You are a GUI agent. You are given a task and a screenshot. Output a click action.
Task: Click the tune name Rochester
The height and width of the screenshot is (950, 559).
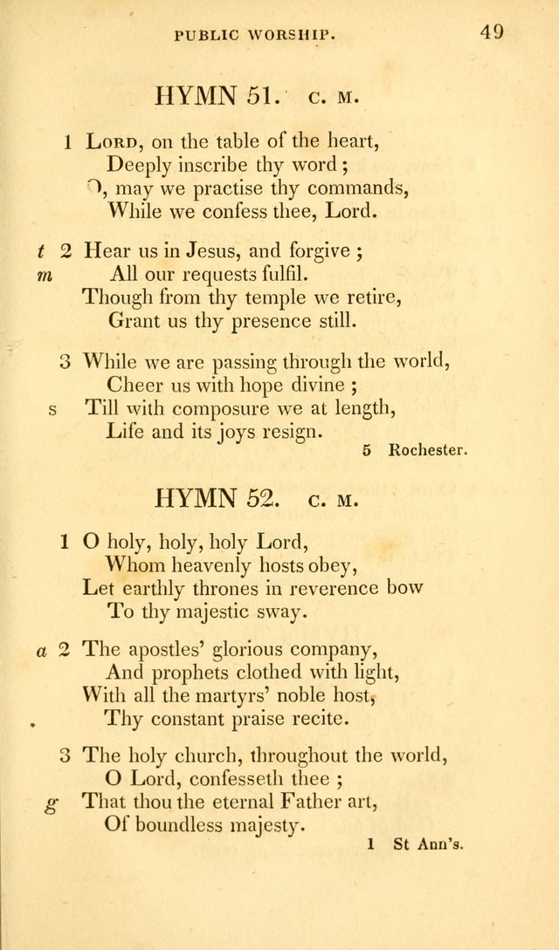(x=429, y=451)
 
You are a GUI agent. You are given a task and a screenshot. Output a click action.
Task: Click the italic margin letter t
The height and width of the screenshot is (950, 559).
(x=41, y=252)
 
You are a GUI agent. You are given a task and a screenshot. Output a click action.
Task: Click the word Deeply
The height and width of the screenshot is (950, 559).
(x=140, y=163)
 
